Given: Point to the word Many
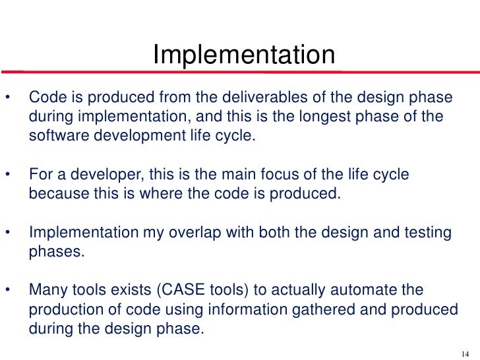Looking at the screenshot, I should (x=47, y=290).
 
